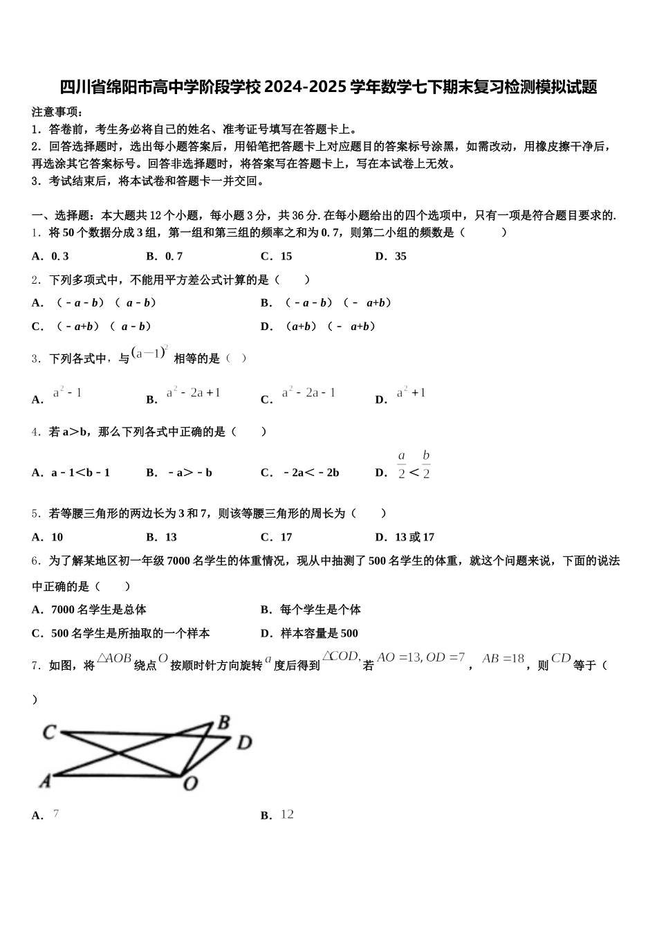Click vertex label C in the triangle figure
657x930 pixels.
(49, 731)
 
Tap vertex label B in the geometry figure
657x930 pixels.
(223, 723)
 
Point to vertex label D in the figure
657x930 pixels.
(244, 743)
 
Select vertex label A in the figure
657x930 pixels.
(45, 781)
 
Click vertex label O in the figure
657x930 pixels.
(190, 783)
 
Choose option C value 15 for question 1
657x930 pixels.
(286, 256)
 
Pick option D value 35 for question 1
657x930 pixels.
(400, 256)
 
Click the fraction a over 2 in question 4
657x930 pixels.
(401, 465)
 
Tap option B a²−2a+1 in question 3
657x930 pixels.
(193, 393)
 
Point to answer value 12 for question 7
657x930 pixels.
(287, 814)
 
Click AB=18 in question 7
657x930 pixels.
(503, 659)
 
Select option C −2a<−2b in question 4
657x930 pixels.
(311, 473)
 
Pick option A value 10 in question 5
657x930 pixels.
(57, 537)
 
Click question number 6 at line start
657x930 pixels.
(35, 560)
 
